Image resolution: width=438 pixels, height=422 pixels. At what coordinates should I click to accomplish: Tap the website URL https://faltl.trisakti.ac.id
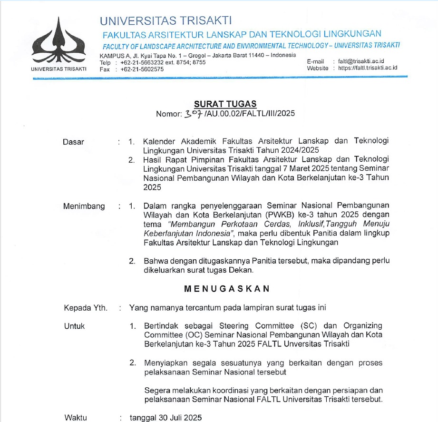click(367, 68)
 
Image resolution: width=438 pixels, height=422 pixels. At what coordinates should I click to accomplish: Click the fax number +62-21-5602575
click(142, 69)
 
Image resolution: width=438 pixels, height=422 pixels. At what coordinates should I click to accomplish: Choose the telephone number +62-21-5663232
click(143, 62)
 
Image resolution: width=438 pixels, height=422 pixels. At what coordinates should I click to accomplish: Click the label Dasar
click(73, 142)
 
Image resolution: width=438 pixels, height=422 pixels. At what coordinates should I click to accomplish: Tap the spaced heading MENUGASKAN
click(227, 289)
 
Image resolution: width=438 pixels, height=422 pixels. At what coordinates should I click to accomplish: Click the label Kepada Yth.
click(86, 308)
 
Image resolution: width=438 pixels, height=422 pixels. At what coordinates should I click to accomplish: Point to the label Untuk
click(74, 326)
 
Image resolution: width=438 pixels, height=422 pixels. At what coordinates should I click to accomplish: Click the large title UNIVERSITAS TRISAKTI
click(165, 20)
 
